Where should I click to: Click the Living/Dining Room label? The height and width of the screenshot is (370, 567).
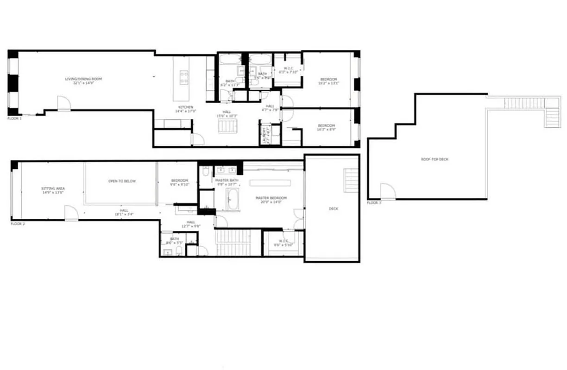point(83,81)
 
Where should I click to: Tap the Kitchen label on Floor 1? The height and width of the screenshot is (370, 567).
point(185,109)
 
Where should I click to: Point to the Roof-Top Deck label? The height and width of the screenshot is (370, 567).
point(434,159)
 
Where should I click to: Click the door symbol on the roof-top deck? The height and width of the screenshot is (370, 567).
point(388,191)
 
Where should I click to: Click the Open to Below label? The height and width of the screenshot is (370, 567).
point(122,181)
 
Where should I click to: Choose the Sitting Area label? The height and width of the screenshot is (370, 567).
point(53,190)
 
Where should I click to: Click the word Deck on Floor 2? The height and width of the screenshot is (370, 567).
point(333,209)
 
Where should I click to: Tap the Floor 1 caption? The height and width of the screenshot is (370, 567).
point(14,118)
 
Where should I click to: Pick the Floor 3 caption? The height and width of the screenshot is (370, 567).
point(374,203)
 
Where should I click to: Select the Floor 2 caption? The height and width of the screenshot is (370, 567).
point(18,223)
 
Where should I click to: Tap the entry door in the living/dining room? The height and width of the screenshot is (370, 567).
point(63,104)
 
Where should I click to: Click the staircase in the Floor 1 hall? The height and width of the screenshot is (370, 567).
point(228,125)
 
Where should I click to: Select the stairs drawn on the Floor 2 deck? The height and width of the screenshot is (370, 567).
point(351,180)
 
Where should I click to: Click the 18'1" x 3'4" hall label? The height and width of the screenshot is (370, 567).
point(124,212)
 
